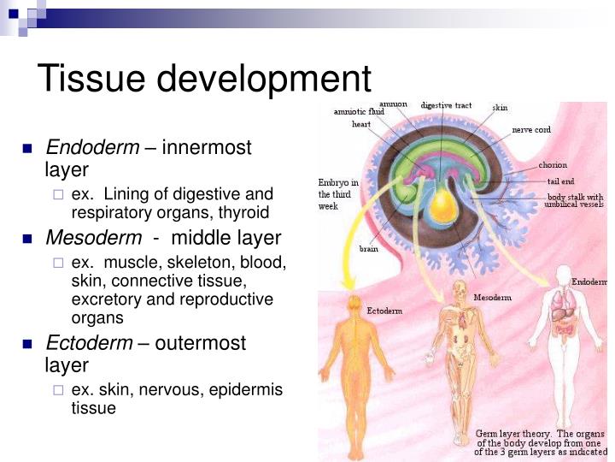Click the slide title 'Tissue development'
click(205, 79)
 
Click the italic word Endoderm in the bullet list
click(92, 148)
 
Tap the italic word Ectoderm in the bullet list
click(89, 343)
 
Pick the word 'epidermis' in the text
click(247, 390)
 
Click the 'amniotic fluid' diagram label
click(359, 111)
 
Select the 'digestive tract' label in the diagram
click(446, 105)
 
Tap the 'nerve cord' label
click(530, 129)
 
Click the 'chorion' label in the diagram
click(553, 165)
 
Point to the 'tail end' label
click(561, 181)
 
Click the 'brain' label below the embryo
click(369, 249)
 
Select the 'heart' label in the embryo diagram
click(361, 124)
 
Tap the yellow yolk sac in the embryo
click(442, 206)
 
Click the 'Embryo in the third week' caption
click(338, 194)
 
